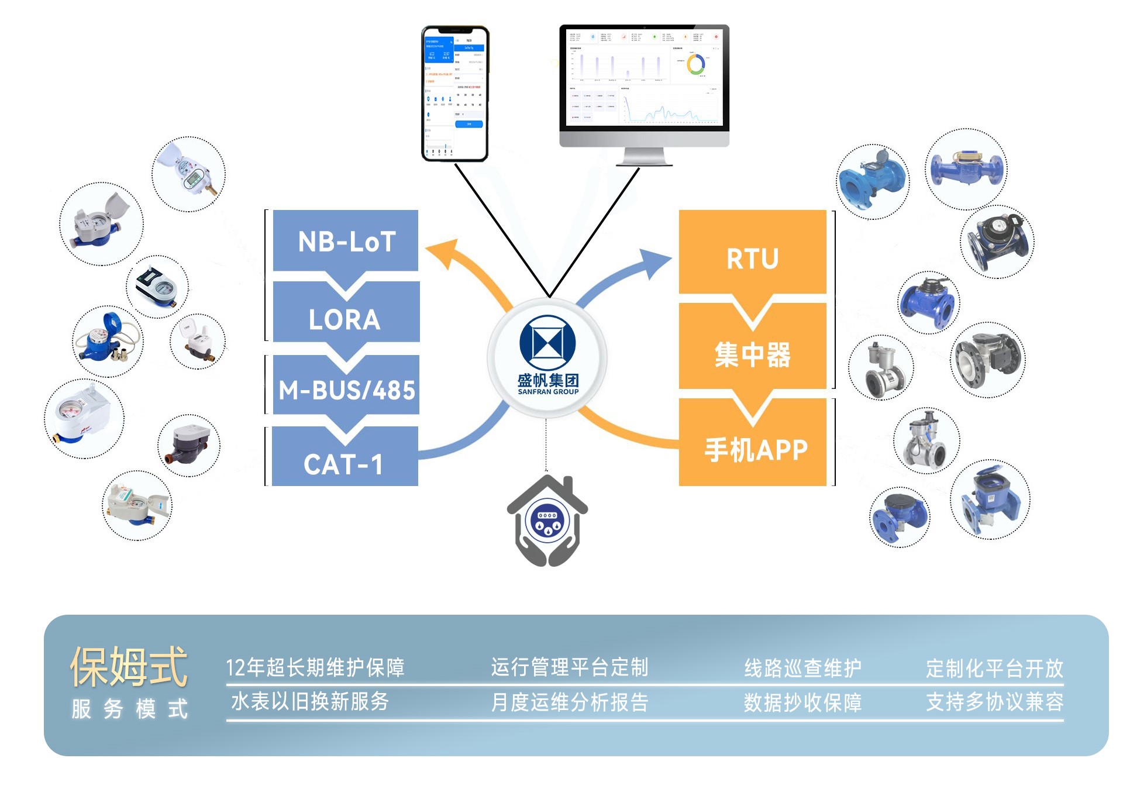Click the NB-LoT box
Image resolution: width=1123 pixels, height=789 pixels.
tap(346, 241)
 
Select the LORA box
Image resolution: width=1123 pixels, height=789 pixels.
tap(346, 319)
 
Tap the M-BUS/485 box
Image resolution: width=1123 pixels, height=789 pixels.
tap(346, 390)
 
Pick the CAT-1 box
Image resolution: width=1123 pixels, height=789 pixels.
tap(345, 463)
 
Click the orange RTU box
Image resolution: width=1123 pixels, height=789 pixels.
tap(752, 257)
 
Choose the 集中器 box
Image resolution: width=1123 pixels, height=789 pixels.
tap(752, 354)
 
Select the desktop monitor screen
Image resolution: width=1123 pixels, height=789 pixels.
tap(644, 77)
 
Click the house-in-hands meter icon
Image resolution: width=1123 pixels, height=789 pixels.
tap(547, 521)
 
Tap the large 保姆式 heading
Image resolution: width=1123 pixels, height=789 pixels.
tap(129, 667)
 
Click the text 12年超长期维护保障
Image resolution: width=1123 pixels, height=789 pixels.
tap(315, 667)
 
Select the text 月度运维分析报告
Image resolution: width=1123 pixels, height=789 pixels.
tap(569, 702)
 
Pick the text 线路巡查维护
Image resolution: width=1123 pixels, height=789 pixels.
tap(802, 667)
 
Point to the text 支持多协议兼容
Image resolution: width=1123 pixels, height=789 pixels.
tap(994, 702)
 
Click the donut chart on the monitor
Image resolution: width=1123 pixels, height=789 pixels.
tap(695, 64)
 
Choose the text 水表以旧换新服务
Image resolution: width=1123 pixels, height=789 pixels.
tap(310, 701)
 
